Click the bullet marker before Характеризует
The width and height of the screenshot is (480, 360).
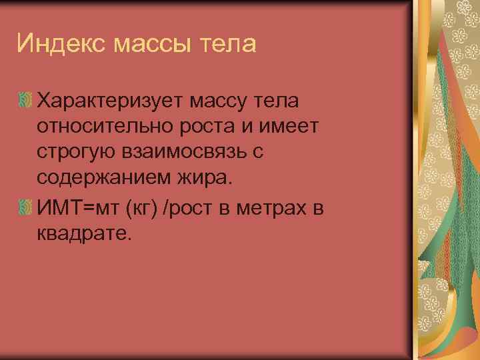(x=26, y=102)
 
